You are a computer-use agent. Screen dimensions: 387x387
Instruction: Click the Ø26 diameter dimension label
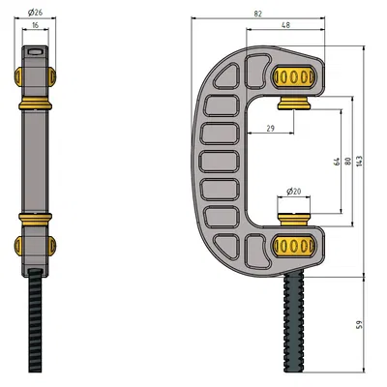[x=36, y=11]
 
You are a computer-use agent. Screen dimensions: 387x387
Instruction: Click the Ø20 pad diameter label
[x=294, y=191]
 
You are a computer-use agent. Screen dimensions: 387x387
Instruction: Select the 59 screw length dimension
[x=361, y=325]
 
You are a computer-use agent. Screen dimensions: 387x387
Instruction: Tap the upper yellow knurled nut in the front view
[x=294, y=77]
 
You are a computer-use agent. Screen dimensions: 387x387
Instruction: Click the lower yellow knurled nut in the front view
[x=294, y=246]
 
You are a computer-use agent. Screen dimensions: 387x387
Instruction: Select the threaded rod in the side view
[x=37, y=324]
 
